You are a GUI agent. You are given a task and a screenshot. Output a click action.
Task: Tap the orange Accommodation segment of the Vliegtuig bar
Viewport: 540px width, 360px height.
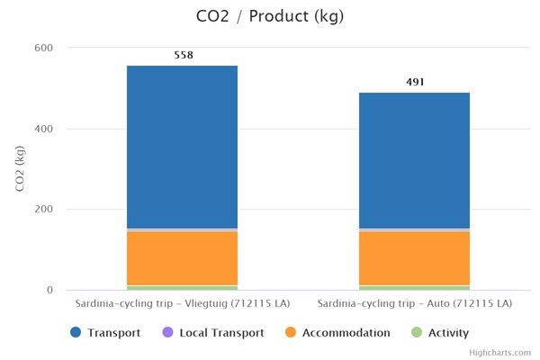point(182,257)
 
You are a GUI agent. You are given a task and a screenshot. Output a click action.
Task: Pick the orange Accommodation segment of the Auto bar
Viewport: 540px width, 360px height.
point(414,257)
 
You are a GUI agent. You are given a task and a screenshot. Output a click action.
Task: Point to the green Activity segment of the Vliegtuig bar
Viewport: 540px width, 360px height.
point(182,287)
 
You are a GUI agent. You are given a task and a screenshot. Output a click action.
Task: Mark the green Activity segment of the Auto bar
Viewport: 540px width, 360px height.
point(414,287)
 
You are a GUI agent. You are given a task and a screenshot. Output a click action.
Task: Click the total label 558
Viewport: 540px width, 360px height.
point(183,55)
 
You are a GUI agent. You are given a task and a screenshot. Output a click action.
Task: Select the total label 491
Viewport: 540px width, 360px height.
point(415,82)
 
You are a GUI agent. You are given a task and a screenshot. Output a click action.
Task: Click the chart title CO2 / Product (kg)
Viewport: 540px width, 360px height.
point(270,16)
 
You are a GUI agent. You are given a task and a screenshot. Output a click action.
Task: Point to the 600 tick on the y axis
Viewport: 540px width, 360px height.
point(44,48)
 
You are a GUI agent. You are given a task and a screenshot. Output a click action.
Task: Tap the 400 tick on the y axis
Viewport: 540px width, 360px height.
point(44,129)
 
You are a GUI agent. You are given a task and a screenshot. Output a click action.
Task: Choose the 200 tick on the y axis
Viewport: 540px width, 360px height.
point(44,210)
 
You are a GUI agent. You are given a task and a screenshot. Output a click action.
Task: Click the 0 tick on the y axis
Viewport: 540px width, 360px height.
point(49,291)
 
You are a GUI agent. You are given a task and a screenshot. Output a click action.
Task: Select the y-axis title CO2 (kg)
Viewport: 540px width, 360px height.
point(20,169)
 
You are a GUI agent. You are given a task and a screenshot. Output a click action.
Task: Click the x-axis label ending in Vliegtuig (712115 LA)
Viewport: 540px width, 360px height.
point(182,304)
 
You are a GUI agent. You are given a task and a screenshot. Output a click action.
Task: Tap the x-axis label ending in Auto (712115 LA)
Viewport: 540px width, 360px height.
point(414,304)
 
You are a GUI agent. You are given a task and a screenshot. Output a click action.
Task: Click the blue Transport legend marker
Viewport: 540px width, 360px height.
point(76,333)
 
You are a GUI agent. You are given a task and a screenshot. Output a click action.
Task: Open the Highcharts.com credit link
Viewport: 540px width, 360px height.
point(499,353)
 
